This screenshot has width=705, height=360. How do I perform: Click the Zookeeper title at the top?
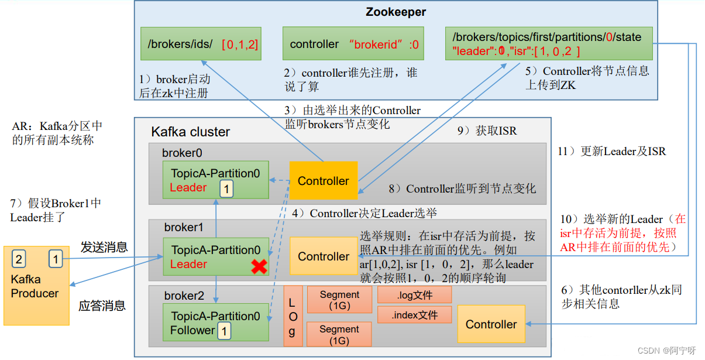(x=396, y=12)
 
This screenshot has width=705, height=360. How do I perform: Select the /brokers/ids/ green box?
(x=201, y=44)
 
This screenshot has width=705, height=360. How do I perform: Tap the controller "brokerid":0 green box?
(x=354, y=44)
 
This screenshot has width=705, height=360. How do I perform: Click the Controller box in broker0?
(x=323, y=181)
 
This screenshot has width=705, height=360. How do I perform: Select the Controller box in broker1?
(x=323, y=256)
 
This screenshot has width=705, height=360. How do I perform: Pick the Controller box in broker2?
(x=491, y=324)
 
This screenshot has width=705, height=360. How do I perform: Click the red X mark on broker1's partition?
(x=259, y=267)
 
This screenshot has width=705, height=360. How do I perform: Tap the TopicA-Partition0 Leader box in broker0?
(x=215, y=180)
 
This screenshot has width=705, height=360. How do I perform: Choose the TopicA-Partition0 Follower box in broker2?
(x=215, y=323)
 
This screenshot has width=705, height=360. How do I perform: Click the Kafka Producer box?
(x=36, y=286)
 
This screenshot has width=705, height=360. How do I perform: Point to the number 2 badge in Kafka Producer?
(x=19, y=258)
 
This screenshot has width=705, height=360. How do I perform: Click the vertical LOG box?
(x=293, y=316)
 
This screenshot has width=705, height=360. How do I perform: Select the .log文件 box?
(x=414, y=294)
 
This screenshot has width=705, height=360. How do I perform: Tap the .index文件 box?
(x=414, y=315)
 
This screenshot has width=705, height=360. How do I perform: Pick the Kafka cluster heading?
(x=191, y=132)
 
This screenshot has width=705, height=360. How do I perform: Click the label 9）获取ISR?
(x=487, y=131)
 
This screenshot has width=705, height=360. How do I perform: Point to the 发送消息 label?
(x=104, y=247)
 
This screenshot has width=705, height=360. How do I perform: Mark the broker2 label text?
(x=184, y=296)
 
